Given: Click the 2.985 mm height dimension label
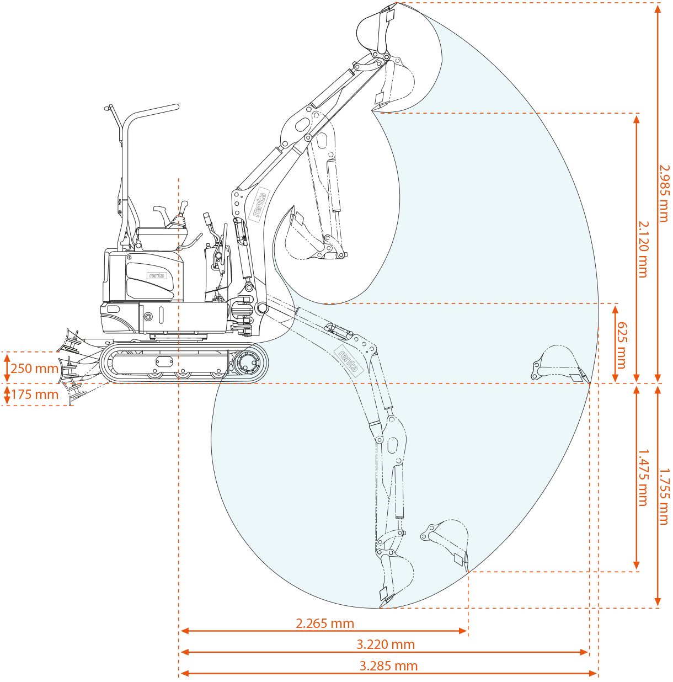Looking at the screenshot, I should point(664,193).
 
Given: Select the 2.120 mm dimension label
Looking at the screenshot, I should point(643,249).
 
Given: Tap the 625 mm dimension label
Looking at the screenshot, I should point(622,345).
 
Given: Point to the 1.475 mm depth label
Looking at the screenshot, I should point(643,477).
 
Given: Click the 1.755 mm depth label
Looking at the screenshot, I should point(664,497).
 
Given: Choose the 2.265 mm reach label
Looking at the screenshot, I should point(325,624).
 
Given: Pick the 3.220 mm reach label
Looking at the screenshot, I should point(386,644).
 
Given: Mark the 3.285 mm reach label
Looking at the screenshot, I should point(388,666).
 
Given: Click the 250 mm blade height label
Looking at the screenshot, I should point(34,369).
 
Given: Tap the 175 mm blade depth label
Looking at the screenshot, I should point(35,395).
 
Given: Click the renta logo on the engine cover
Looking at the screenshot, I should point(157,275).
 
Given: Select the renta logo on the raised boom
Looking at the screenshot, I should point(259,205).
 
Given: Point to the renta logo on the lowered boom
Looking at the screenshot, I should point(349,359).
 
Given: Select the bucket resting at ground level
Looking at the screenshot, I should point(558,364).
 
